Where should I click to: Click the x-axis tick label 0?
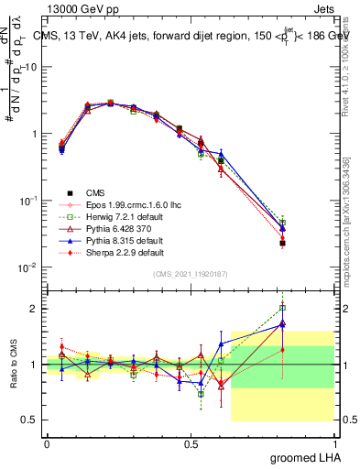tap(47, 443)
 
